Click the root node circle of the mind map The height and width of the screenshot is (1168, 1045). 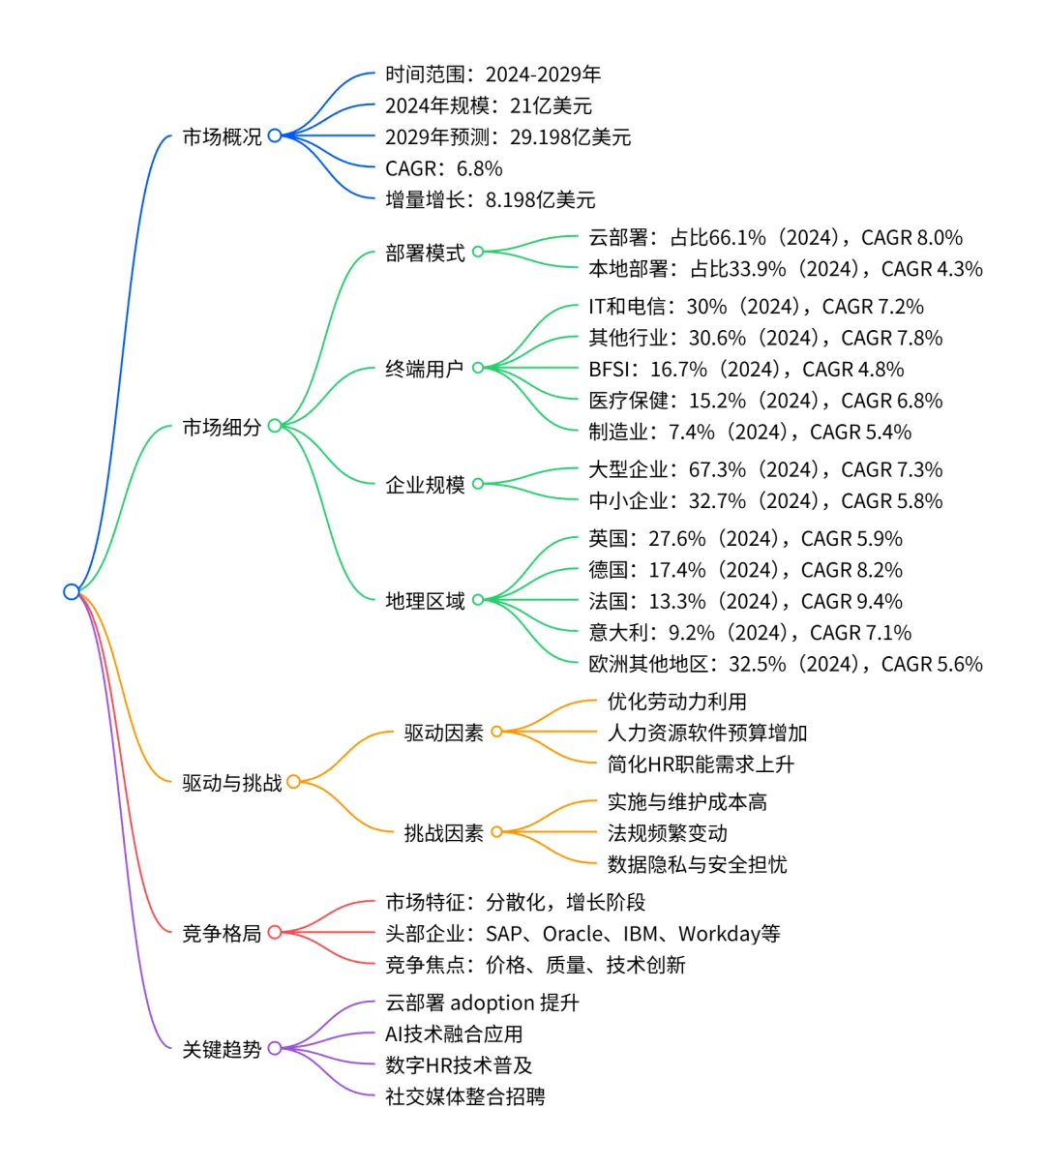tap(71, 591)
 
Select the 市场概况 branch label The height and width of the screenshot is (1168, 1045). tap(222, 136)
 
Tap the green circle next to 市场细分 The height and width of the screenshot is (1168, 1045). tap(275, 426)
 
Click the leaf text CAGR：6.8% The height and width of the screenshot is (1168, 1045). tap(443, 168)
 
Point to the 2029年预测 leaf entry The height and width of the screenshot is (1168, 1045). tap(507, 136)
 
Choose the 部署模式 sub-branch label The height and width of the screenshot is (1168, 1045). tap(425, 253)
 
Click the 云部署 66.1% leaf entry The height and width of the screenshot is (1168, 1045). tap(775, 237)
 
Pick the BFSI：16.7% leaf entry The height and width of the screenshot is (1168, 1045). tap(746, 369)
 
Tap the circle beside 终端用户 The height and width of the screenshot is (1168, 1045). tap(478, 368)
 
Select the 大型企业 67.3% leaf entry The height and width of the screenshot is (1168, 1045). tap(764, 469)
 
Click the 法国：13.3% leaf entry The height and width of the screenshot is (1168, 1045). tap(745, 601)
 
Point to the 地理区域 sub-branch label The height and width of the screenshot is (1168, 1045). tap(425, 601)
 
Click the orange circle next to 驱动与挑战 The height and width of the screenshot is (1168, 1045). tap(293, 782)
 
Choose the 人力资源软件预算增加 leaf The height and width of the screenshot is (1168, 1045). tap(706, 733)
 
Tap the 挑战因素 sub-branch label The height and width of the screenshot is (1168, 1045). tap(443, 832)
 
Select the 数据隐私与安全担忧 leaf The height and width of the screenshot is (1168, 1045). tap(697, 864)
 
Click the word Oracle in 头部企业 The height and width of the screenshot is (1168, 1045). tap(577, 934)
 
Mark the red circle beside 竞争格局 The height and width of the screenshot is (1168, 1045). tap(275, 933)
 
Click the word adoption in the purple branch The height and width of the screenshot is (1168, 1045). tap(493, 1003)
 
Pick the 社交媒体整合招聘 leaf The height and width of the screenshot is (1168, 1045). tap(464, 1096)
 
